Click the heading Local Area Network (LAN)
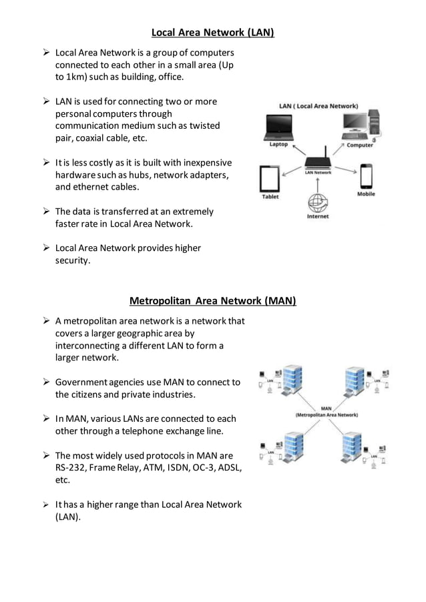[x=212, y=31]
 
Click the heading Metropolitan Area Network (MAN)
[x=212, y=300]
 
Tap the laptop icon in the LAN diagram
[x=279, y=126]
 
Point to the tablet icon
[x=269, y=179]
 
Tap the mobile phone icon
[x=366, y=176]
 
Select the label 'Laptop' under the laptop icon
[x=278, y=143]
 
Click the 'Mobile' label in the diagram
[x=366, y=194]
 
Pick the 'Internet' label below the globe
[x=317, y=216]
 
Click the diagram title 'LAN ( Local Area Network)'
[x=318, y=105]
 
